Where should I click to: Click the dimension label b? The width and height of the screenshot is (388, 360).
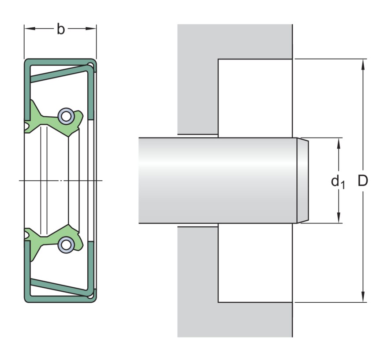point(61,29)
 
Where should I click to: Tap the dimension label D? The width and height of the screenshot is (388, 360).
point(363,181)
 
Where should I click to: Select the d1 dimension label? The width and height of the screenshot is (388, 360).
point(338,182)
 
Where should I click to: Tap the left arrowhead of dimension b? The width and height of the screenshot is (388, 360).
point(30,29)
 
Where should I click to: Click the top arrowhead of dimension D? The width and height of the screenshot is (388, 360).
point(363,65)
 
